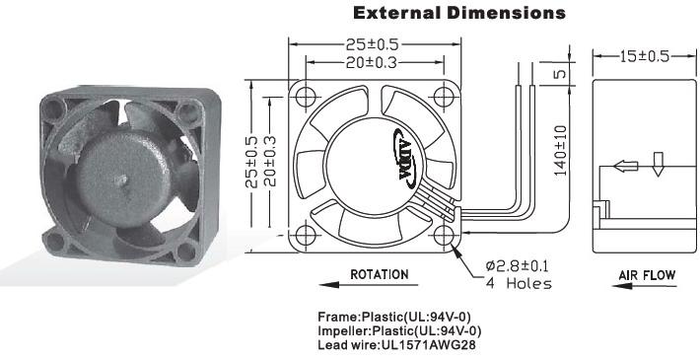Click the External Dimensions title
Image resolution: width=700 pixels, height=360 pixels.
(459, 13)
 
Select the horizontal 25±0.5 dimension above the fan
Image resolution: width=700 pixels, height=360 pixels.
(372, 44)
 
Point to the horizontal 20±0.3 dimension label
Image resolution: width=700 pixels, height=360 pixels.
(371, 63)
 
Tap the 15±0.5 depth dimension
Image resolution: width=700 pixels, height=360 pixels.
(644, 56)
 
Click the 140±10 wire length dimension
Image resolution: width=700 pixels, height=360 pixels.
(561, 151)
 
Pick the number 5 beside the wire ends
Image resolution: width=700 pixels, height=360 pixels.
(560, 73)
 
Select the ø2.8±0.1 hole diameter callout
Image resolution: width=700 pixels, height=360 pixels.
(517, 266)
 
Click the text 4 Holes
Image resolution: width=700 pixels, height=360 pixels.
(519, 283)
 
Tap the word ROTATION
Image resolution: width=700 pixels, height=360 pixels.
(379, 274)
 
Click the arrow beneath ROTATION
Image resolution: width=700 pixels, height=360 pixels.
(369, 284)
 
